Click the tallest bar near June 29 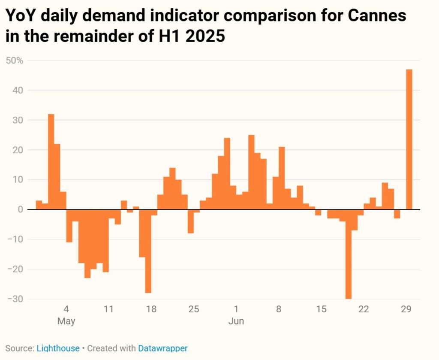[409, 139]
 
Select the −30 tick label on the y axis [15, 299]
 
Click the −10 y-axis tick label [15, 239]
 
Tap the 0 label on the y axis [20, 209]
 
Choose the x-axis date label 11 [108, 309]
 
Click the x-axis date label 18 [151, 309]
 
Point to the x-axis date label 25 [194, 309]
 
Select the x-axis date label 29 [406, 309]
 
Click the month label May [66, 321]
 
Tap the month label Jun [236, 321]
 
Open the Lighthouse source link [58, 348]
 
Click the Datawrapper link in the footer [162, 348]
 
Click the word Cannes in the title [376, 16]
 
